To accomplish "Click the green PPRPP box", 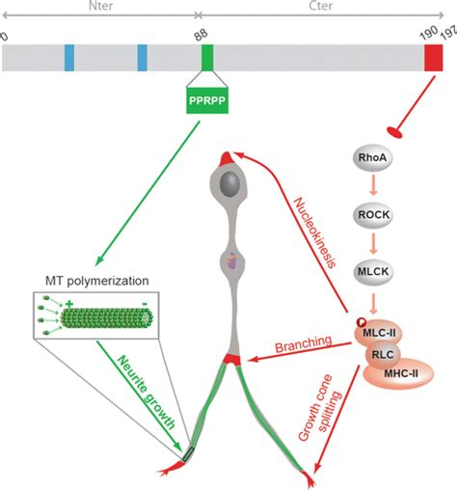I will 206,100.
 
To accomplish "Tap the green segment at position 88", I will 207,58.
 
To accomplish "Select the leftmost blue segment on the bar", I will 69,58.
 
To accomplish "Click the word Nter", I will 97,9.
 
